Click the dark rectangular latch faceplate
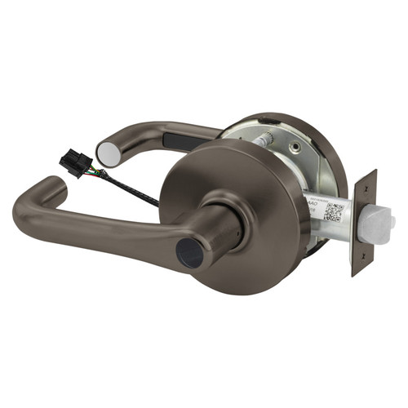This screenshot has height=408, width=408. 362,221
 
